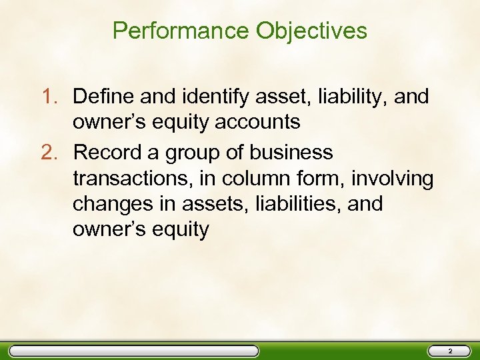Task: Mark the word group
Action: [197, 153]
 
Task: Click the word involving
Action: [393, 179]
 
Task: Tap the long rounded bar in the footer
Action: [133, 351]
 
